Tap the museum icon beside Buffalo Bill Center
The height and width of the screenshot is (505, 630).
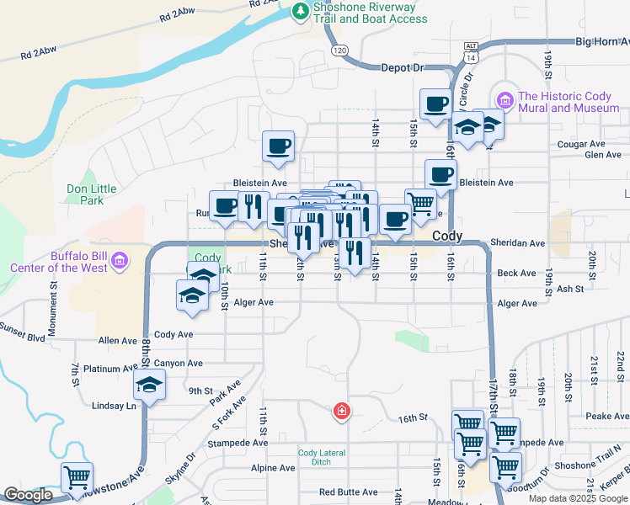[119, 260]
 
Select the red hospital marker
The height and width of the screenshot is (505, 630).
[341, 412]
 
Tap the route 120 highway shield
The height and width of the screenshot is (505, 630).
[339, 51]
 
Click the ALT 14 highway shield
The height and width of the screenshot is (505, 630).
[470, 51]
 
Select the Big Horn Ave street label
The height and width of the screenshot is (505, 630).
[602, 40]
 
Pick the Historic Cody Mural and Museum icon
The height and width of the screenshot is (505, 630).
[505, 101]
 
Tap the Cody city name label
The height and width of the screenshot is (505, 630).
[446, 237]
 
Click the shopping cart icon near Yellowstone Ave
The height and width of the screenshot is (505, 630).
[76, 477]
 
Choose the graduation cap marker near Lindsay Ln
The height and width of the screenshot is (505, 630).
[149, 385]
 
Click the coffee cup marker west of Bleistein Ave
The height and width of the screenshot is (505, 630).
[278, 146]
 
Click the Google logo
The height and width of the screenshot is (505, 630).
[29, 496]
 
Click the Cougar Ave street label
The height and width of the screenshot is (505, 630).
[578, 145]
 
